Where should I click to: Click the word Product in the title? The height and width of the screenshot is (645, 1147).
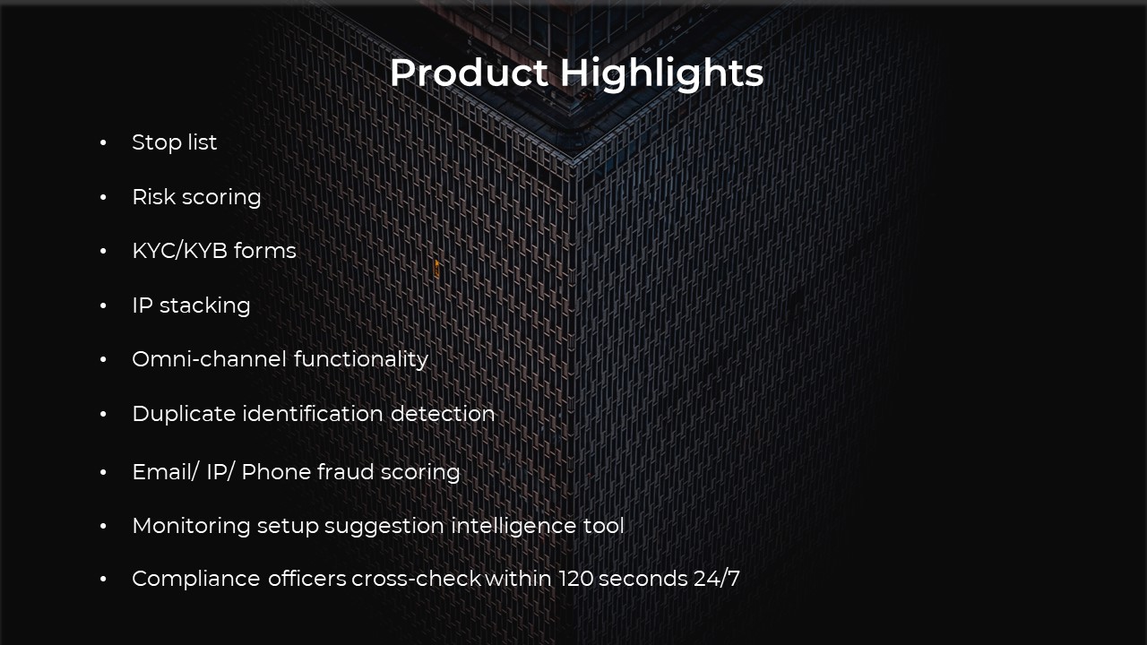tap(469, 73)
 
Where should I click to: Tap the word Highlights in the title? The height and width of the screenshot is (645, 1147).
tap(661, 74)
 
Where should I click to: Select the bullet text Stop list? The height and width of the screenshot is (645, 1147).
tap(174, 142)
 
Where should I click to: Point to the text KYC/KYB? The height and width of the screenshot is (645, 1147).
tap(180, 251)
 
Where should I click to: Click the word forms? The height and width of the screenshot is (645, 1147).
tap(264, 251)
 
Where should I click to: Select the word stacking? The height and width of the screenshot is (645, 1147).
tap(205, 305)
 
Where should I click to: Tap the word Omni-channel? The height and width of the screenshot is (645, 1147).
tap(209, 359)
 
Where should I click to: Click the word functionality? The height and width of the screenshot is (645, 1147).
tap(361, 359)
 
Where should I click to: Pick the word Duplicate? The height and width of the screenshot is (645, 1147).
tap(184, 414)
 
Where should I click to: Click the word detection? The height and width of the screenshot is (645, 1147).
tap(443, 414)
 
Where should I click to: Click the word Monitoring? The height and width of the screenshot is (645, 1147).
tap(192, 526)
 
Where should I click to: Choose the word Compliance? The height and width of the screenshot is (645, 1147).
tap(196, 579)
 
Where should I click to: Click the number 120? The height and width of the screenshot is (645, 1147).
tap(575, 579)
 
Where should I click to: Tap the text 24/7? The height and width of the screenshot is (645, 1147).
tap(717, 579)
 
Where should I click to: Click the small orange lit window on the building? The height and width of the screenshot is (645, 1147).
tap(436, 269)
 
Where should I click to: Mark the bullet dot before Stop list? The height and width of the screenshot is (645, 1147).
tap(103, 142)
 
